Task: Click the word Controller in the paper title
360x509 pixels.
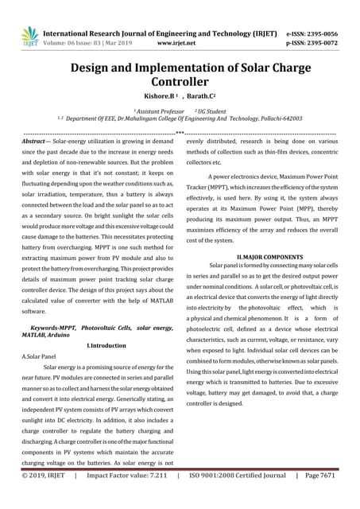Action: [x=180, y=81]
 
